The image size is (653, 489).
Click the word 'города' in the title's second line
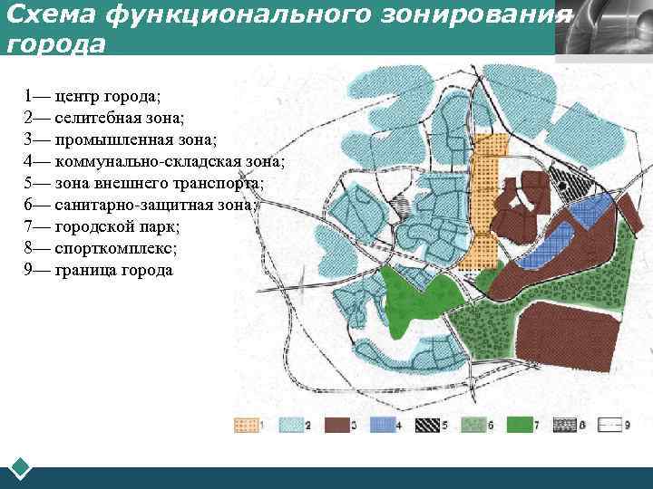tap(55, 43)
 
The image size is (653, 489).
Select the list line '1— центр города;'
tap(86, 95)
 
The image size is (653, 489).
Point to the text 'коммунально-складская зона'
tap(154, 161)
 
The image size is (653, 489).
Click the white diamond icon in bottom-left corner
tap(20, 468)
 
